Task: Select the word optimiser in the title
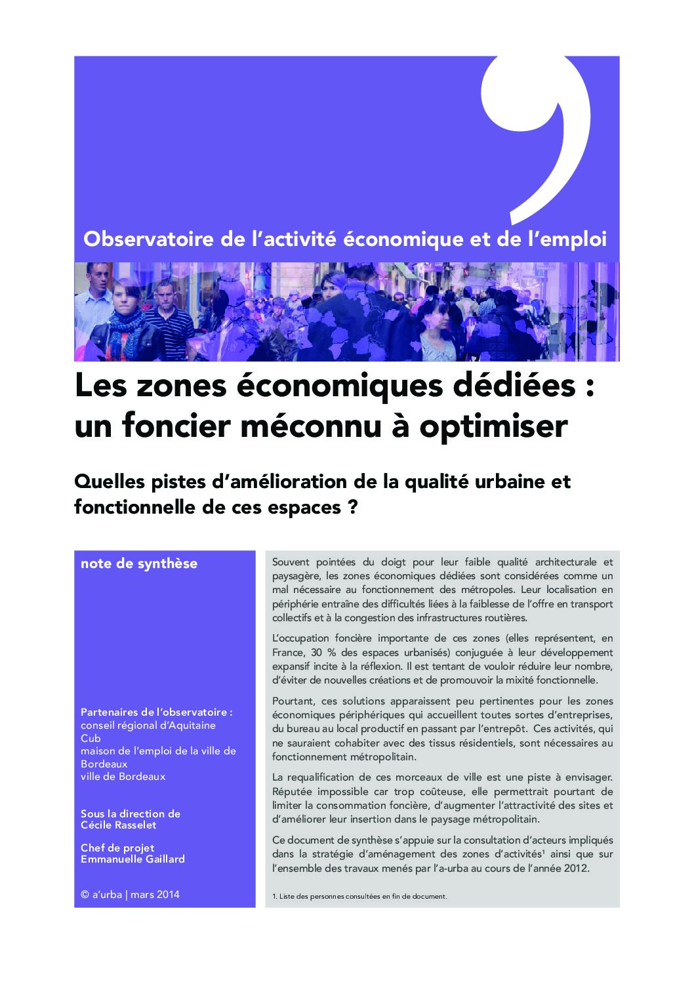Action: tap(493, 426)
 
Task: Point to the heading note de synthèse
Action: tap(139, 563)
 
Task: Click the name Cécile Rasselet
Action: tap(119, 825)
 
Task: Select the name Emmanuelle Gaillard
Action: tap(133, 859)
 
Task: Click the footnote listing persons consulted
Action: tap(359, 896)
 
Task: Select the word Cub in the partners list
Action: tap(91, 739)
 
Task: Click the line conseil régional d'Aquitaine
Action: tap(148, 726)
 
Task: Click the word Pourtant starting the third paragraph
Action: tap(293, 701)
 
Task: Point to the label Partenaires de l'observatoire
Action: tap(156, 712)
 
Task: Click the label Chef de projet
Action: tap(117, 848)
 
